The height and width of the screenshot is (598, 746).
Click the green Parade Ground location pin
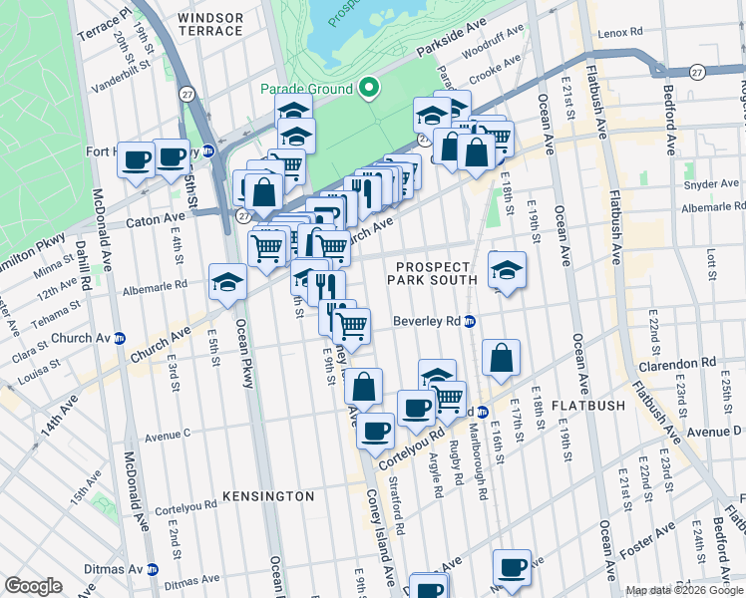[x=369, y=89]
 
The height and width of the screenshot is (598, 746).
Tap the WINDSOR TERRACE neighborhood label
[x=210, y=24]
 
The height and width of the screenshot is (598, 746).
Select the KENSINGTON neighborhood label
[x=267, y=495]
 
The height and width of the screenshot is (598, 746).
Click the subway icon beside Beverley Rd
[x=470, y=322]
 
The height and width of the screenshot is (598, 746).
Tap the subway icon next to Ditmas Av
[x=153, y=569]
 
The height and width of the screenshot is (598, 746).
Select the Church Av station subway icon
[x=120, y=337]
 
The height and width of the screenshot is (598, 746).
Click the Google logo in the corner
[x=33, y=586]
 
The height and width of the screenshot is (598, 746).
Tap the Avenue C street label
[x=168, y=435]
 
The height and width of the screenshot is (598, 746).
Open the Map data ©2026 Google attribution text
[x=684, y=590]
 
